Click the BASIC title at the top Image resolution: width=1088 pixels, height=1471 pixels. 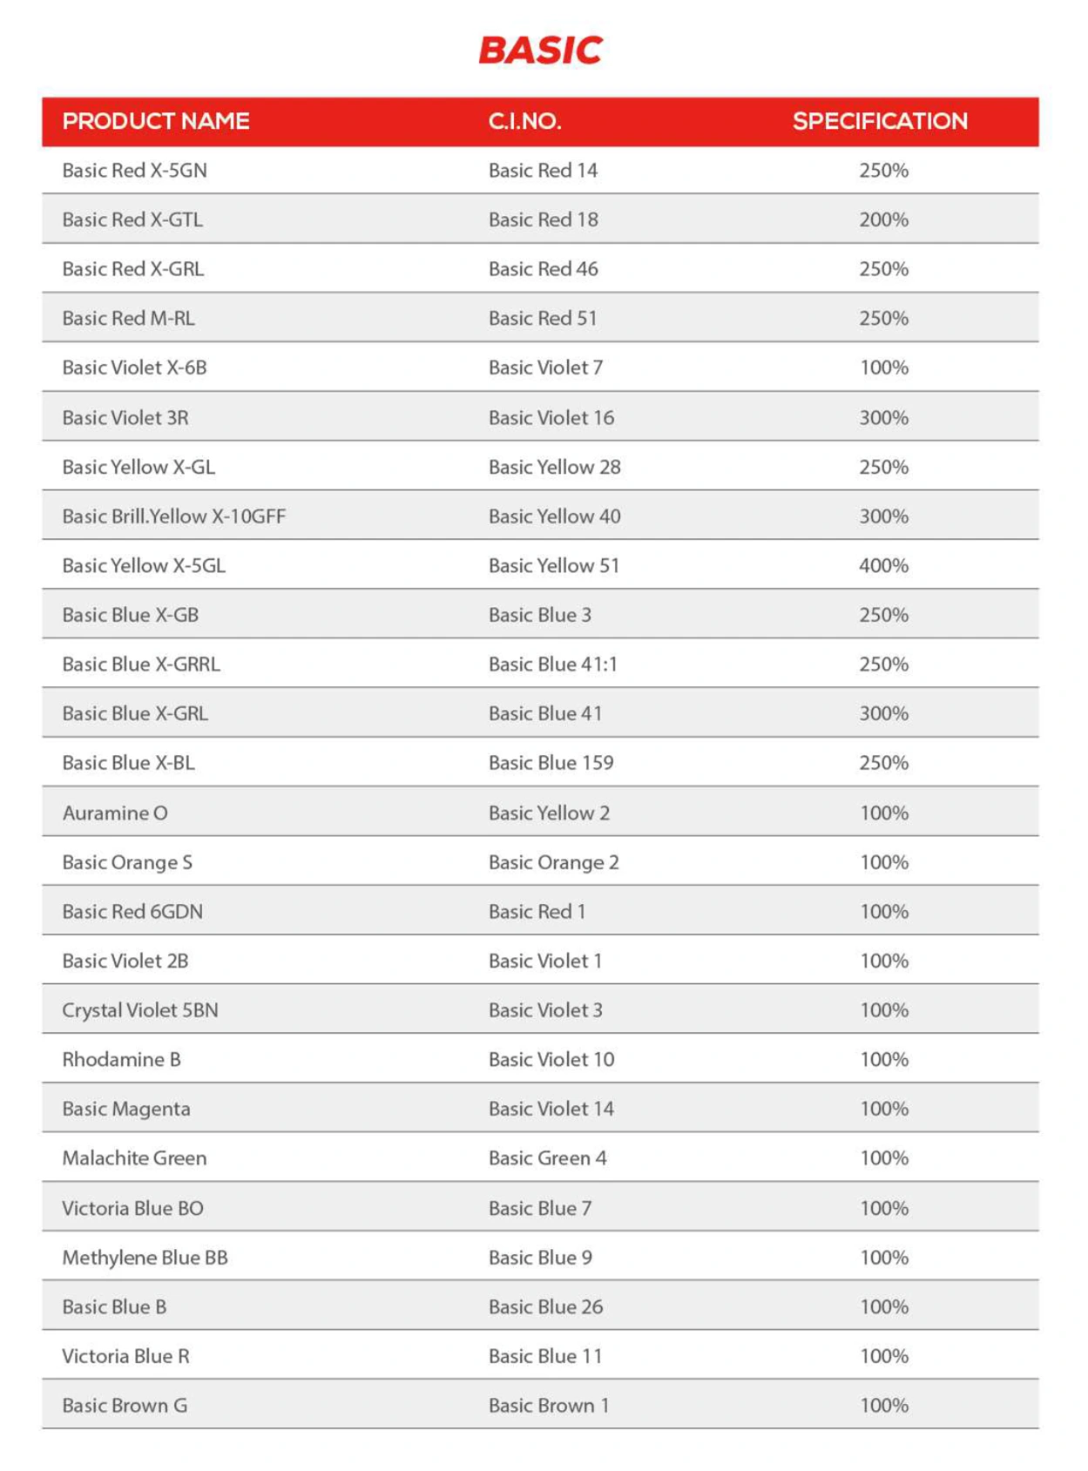540,51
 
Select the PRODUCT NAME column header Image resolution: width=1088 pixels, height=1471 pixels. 156,121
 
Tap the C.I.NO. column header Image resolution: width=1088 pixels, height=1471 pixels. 524,121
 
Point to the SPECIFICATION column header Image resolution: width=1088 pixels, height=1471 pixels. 880,121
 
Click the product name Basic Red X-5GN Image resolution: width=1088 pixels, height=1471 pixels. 134,171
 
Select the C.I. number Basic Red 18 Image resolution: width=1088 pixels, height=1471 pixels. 543,219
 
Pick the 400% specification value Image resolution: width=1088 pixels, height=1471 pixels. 883,566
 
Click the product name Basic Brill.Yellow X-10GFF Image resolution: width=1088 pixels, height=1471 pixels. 173,516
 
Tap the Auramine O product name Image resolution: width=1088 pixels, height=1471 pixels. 115,813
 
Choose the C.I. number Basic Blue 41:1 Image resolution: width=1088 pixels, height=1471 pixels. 552,665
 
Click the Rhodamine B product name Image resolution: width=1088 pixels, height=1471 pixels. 121,1060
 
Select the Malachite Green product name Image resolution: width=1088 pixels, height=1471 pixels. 134,1158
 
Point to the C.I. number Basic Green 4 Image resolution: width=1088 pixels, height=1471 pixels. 547,1158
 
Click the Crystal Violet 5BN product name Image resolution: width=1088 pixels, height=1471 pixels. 139,1010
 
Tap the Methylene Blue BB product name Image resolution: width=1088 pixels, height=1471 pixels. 145,1258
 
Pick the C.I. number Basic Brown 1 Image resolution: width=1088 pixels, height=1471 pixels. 549,1406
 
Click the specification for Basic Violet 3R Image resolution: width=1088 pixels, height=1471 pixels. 883,418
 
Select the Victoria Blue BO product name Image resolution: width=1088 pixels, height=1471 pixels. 132,1209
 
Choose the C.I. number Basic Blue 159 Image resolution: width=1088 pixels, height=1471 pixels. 551,763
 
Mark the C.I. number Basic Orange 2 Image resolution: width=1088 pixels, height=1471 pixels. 553,862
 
